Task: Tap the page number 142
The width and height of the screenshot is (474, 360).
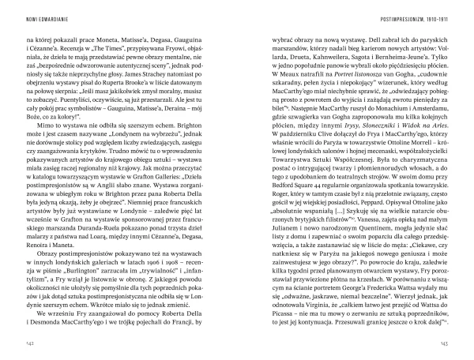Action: [x=30, y=343]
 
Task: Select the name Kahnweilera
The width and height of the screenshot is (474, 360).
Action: [x=324, y=51]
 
